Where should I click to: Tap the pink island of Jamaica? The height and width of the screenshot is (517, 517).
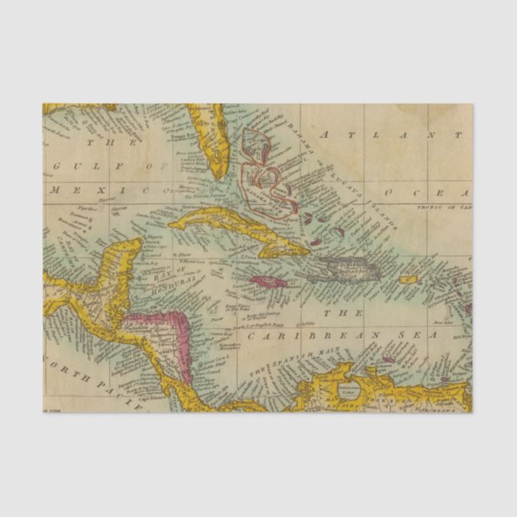[x=267, y=282]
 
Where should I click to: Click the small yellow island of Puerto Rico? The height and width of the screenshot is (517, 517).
[x=409, y=280]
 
